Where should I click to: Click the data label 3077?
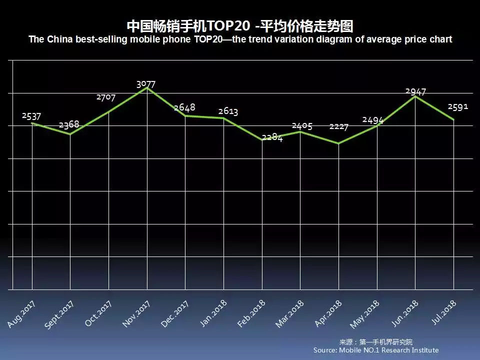(146, 84)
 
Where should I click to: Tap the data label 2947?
(415, 91)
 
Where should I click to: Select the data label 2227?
(338, 126)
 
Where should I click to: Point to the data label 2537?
(31, 116)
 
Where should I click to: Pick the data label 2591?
(458, 107)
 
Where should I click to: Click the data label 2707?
(106, 97)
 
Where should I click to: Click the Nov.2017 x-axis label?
(136, 314)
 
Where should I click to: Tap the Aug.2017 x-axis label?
(21, 314)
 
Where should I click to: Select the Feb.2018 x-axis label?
(251, 314)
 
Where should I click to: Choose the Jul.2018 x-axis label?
(444, 312)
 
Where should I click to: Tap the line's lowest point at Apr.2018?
(339, 143)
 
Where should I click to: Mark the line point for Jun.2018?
(415, 96)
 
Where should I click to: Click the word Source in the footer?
(326, 350)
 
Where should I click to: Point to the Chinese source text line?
(376, 342)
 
